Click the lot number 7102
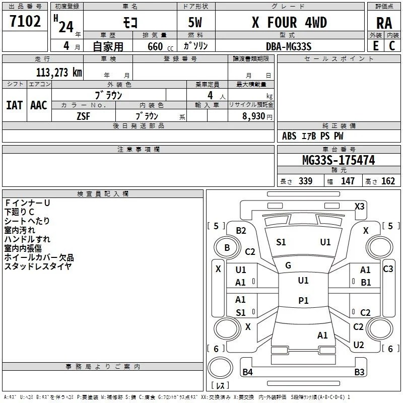pyautogui.click(x=25, y=21)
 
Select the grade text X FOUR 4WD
pyautogui.click(x=289, y=22)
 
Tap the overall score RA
pyautogui.click(x=384, y=23)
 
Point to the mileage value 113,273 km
pyautogui.click(x=59, y=73)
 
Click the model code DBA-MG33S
pyautogui.click(x=289, y=46)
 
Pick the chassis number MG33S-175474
pyautogui.click(x=339, y=160)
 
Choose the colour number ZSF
pyautogui.click(x=84, y=116)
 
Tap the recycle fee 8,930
pyautogui.click(x=253, y=116)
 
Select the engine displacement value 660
pyautogui.click(x=155, y=47)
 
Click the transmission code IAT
pyautogui.click(x=15, y=105)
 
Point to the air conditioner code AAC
pyautogui.click(x=39, y=105)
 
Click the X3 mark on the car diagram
pyautogui.click(x=359, y=207)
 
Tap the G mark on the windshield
pyautogui.click(x=288, y=265)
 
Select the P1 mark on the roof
pyautogui.click(x=303, y=300)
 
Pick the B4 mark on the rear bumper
pyautogui.click(x=247, y=372)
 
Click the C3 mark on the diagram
pyautogui.click(x=388, y=269)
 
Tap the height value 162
pyautogui.click(x=388, y=181)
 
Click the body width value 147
pyautogui.click(x=348, y=181)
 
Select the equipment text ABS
pyautogui.click(x=289, y=136)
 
